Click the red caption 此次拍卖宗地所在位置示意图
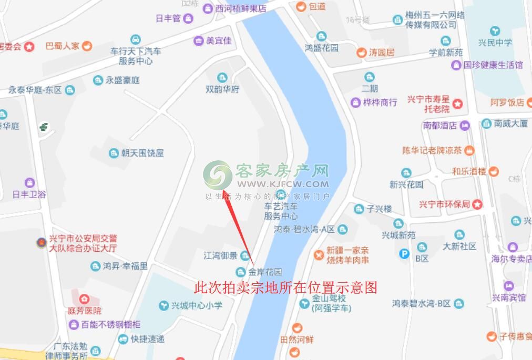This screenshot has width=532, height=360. coord(286,288)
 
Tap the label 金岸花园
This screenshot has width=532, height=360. coord(265,272)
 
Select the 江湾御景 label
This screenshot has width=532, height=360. coord(220,256)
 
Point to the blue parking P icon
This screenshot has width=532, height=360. coord(404,254)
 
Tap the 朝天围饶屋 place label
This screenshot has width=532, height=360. coord(142,153)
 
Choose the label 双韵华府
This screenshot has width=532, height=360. coord(222,89)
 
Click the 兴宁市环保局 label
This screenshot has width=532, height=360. coord(444,204)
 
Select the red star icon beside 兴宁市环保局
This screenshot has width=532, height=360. coord(477,204)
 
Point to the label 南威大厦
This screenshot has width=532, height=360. coord(510,124)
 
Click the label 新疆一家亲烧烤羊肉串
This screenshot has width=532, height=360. coord(347,255)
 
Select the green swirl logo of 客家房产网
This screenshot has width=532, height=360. coord(217,174)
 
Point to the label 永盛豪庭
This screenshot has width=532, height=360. coord(122,80)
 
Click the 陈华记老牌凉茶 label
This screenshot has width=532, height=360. coord(432,150)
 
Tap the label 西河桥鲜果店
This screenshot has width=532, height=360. coord(241,8)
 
